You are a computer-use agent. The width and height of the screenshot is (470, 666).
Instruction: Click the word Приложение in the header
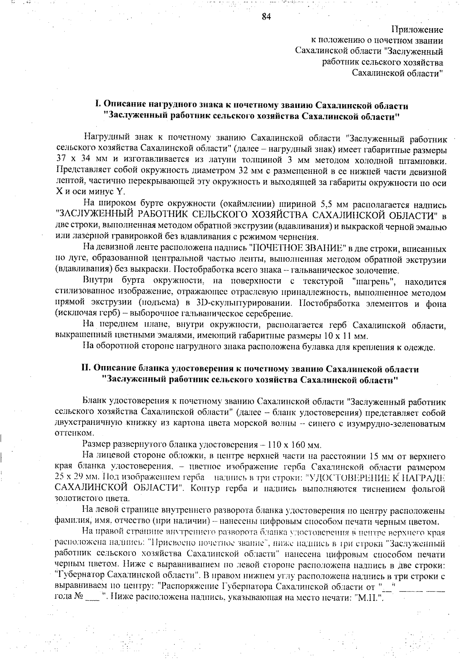[x=417, y=29]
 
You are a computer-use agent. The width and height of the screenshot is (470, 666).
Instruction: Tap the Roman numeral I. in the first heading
[x=98, y=105]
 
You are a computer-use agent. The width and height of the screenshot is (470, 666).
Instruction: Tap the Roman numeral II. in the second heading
[x=86, y=369]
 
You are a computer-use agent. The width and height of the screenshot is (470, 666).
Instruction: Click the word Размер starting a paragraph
[x=97, y=445]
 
